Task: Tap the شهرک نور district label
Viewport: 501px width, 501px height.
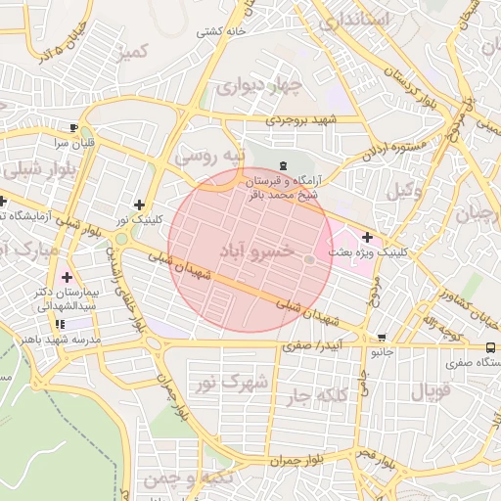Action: (233, 380)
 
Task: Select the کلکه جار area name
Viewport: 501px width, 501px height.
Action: (318, 395)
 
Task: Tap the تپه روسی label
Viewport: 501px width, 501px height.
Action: (207, 157)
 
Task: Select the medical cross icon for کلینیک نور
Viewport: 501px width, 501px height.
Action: (140, 205)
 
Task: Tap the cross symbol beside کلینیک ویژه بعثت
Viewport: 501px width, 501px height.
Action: (367, 237)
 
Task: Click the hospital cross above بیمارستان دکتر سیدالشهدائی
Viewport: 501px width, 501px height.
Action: (66, 278)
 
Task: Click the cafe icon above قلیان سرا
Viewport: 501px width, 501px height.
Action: (74, 127)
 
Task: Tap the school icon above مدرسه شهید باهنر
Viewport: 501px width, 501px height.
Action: (61, 324)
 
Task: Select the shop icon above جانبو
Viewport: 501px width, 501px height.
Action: (381, 337)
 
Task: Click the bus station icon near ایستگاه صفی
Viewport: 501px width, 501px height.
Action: (490, 347)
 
